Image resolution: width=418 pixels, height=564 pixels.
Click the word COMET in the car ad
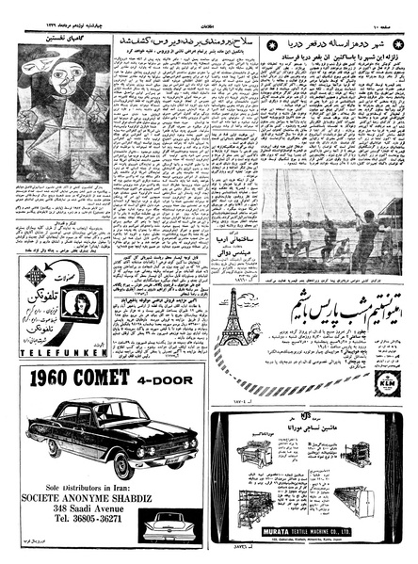(x=110, y=381)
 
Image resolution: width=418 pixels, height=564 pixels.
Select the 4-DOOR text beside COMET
(x=169, y=381)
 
